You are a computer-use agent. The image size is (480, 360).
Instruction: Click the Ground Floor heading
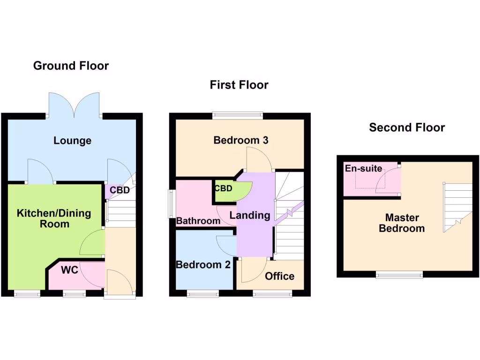[x=71, y=66]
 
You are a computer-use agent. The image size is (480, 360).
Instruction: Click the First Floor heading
[x=239, y=85]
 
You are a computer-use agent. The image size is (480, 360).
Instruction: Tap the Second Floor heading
[x=407, y=127]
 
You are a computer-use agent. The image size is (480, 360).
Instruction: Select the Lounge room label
[x=72, y=141]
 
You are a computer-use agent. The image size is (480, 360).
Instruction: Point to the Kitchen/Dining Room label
[x=54, y=218]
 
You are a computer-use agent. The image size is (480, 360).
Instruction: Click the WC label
[x=69, y=270]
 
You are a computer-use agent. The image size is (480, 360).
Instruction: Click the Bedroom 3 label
[x=240, y=140]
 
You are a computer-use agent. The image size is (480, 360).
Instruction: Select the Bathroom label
[x=198, y=221]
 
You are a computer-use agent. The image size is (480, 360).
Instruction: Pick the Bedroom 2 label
[x=203, y=264]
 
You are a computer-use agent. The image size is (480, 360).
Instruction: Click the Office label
[x=279, y=276]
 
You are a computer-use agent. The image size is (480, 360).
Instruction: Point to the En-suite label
[x=363, y=168]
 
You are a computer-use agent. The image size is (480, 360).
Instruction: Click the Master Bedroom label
[x=402, y=223]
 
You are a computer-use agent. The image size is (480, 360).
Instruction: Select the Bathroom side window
[x=172, y=203]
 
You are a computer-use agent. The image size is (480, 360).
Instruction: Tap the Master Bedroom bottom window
[x=399, y=275]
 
